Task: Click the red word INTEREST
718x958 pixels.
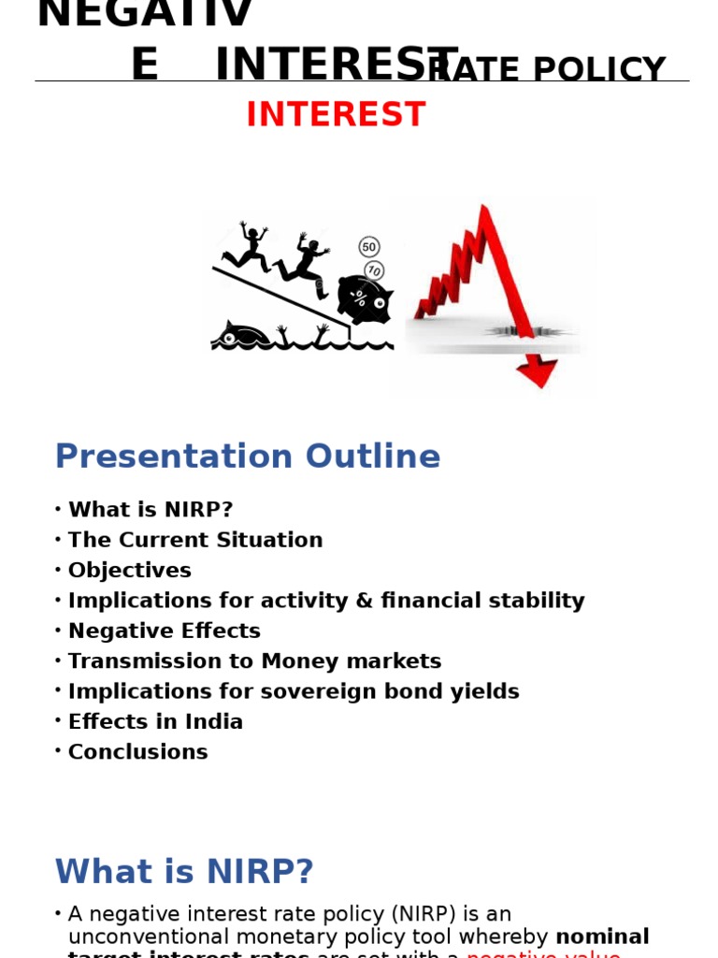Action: coord(336,115)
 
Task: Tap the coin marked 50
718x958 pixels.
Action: coord(369,247)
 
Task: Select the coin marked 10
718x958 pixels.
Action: coord(374,270)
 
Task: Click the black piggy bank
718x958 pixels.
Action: coord(364,299)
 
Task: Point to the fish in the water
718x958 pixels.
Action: coord(240,334)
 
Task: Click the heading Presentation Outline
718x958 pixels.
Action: coord(247,457)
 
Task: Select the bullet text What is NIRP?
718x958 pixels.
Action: coord(151,510)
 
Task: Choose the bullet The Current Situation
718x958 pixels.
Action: coord(195,540)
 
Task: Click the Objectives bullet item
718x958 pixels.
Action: coord(130,571)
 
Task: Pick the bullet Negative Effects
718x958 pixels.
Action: coord(165,631)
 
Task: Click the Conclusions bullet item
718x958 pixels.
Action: coord(138,752)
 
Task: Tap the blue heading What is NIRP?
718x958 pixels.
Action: coord(184,872)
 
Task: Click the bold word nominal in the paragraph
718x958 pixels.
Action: coord(602,936)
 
